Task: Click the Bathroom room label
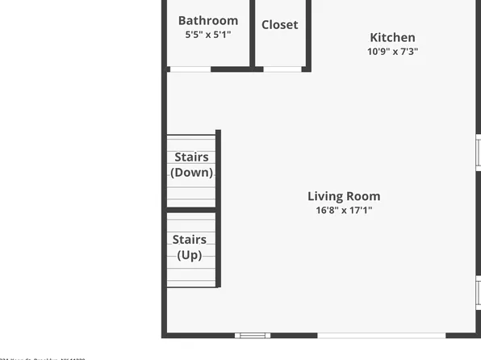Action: click(x=207, y=21)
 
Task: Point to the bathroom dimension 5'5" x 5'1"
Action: click(x=207, y=35)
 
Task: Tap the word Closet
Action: click(x=279, y=25)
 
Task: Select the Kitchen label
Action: click(x=392, y=37)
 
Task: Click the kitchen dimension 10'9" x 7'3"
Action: click(x=392, y=51)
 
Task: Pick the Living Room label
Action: click(x=344, y=196)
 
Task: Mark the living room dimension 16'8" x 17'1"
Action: click(x=344, y=211)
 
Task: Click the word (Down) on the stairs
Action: click(x=191, y=173)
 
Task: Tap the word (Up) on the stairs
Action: click(x=189, y=255)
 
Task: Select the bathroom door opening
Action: click(x=190, y=69)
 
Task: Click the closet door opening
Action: click(x=282, y=69)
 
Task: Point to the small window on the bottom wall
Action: click(x=253, y=335)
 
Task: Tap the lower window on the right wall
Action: click(x=479, y=291)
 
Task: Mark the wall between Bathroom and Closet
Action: click(x=253, y=32)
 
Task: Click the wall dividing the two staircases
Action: click(x=191, y=210)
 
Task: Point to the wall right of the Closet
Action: click(x=308, y=32)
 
